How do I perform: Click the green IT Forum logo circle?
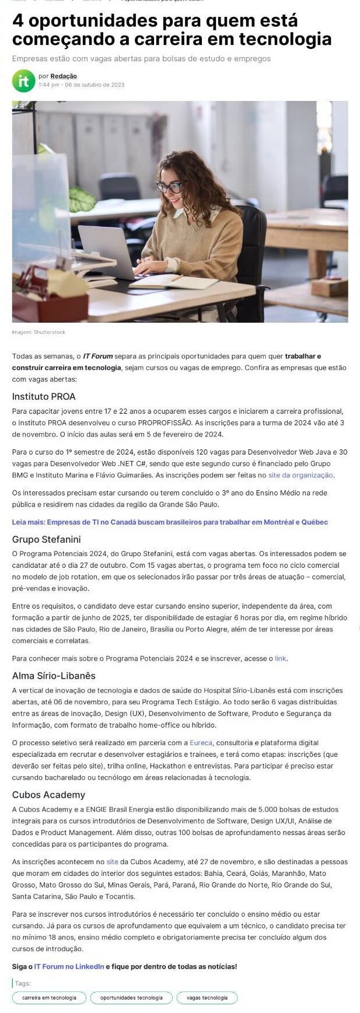pos(23,81)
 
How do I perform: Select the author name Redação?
pos(63,76)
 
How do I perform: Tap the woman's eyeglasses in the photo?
pos(169,187)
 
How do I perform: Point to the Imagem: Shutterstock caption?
pos(39,333)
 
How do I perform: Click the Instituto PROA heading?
pos(44,397)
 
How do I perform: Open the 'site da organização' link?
pos(300,475)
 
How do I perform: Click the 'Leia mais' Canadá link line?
pos(170,522)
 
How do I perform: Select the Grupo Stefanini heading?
pos(46,539)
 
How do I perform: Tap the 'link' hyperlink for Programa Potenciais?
pos(280,658)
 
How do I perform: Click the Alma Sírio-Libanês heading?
pos(54,676)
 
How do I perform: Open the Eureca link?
pos(201,743)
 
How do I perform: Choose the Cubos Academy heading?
pos(48,795)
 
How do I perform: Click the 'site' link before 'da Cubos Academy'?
pos(112,862)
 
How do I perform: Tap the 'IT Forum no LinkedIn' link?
pos(69,966)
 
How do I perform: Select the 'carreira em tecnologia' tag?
pos(49,998)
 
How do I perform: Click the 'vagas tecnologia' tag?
pos(207,998)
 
